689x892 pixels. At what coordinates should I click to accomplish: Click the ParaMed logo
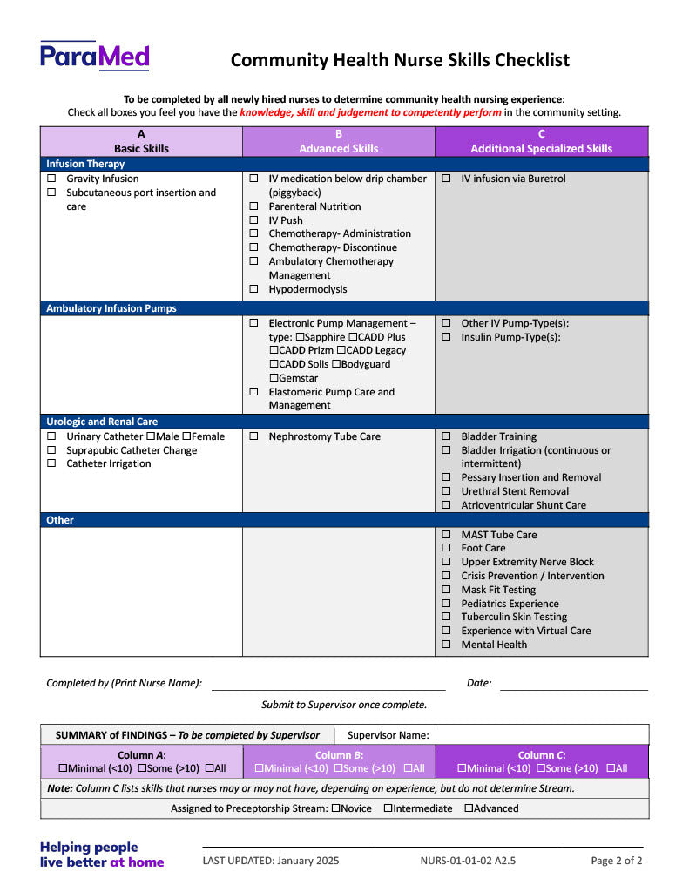pyautogui.click(x=94, y=57)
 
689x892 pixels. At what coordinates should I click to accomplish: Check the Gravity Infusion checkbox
pyautogui.click(x=51, y=179)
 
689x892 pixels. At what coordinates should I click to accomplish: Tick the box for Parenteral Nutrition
pyautogui.click(x=253, y=206)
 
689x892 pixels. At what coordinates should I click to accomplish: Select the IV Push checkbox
pyautogui.click(x=253, y=220)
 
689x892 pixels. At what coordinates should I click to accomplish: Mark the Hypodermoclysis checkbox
pyautogui.click(x=253, y=289)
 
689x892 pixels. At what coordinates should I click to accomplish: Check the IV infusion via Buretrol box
pyautogui.click(x=446, y=179)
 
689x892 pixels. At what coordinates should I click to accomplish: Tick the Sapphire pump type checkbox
pyautogui.click(x=301, y=337)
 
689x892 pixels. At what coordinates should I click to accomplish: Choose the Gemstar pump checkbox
pyautogui.click(x=274, y=378)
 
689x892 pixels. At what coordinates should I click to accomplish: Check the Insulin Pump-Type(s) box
pyautogui.click(x=446, y=337)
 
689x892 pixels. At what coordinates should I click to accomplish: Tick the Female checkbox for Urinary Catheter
pyautogui.click(x=186, y=436)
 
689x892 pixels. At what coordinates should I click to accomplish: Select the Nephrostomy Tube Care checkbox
pyautogui.click(x=253, y=436)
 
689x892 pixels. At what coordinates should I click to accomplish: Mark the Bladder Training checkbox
pyautogui.click(x=446, y=436)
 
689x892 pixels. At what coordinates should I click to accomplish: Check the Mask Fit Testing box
pyautogui.click(x=446, y=590)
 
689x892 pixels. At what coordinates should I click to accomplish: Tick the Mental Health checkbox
pyautogui.click(x=446, y=645)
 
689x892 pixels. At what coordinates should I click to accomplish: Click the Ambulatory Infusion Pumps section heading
pyautogui.click(x=111, y=308)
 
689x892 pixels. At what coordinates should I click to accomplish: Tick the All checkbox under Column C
pyautogui.click(x=611, y=768)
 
